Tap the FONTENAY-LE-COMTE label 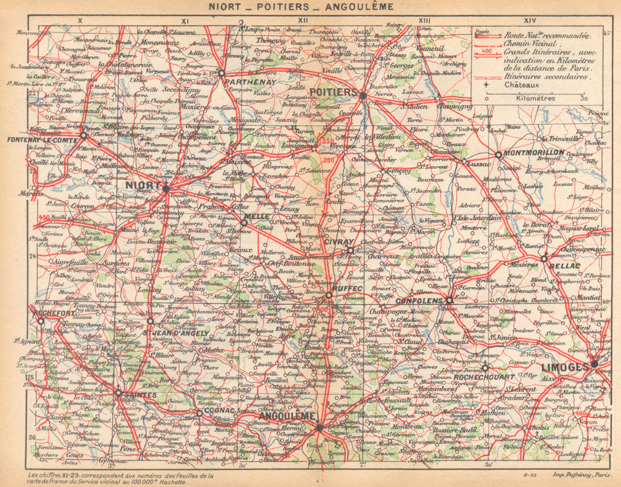point(43,141)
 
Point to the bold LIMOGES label point(564,367)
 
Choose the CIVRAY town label point(338,241)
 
